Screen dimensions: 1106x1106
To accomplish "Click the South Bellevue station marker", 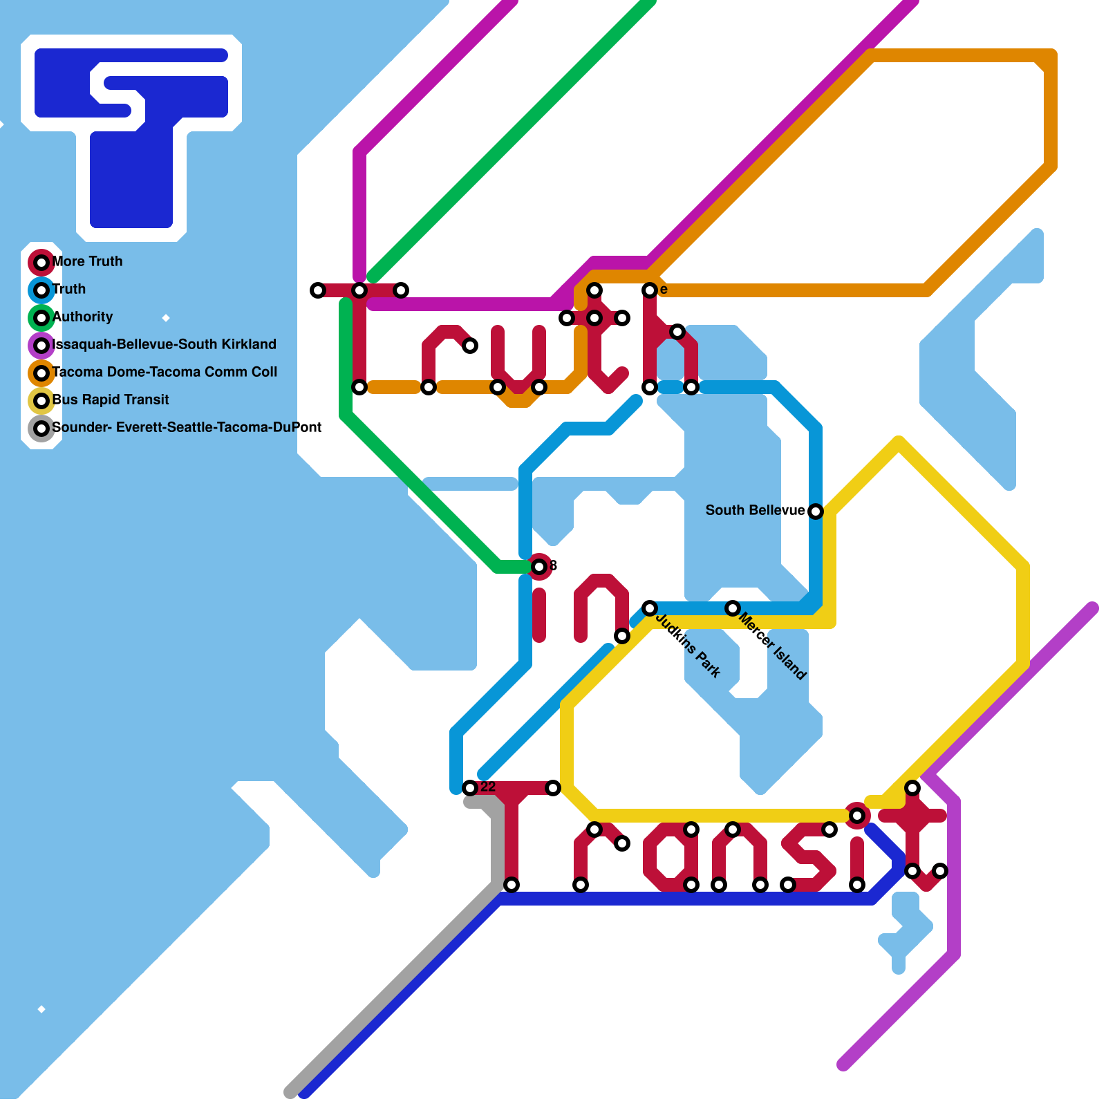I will point(816,512).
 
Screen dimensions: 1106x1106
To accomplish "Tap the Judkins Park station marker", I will point(650,608).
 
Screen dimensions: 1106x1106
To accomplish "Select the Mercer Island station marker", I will point(733,608).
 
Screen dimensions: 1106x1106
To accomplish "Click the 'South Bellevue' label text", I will point(755,510).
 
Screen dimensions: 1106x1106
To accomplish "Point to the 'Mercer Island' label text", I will point(772,645).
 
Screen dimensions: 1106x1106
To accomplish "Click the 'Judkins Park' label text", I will point(688,645).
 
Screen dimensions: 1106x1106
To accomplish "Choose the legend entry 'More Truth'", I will point(88,261).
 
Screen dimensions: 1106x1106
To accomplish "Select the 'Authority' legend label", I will point(83,317).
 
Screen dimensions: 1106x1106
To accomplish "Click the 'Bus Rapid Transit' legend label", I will point(111,400).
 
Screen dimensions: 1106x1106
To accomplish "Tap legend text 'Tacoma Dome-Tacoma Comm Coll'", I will point(165,372).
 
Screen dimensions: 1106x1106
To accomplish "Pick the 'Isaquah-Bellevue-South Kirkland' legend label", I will point(165,344).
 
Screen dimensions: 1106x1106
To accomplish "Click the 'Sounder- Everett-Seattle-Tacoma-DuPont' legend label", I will point(187,427).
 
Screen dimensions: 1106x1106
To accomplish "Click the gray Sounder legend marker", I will point(41,429).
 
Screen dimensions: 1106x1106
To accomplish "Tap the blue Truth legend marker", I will point(41,290).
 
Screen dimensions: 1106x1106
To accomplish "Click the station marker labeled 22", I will point(470,788).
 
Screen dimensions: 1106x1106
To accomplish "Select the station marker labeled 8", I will point(539,567).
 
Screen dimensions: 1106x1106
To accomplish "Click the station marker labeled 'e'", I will point(650,290).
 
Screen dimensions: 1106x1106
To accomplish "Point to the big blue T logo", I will point(131,138).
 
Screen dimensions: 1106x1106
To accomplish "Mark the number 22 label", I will point(488,787).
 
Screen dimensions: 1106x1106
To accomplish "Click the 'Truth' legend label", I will point(69,289).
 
